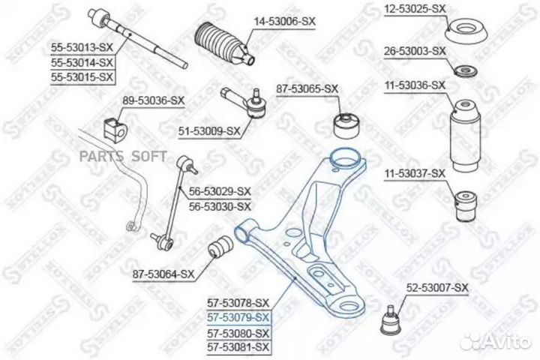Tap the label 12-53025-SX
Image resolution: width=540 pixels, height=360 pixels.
(415, 8)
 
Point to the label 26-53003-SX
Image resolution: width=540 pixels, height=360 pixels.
(415, 51)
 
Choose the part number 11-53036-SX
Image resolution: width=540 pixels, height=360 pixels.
(415, 87)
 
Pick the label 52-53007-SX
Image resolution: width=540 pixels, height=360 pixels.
(436, 288)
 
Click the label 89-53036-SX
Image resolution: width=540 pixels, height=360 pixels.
(154, 100)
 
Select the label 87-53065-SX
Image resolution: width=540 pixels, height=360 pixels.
(307, 88)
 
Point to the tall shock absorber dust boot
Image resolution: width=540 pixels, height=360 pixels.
(463, 133)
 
